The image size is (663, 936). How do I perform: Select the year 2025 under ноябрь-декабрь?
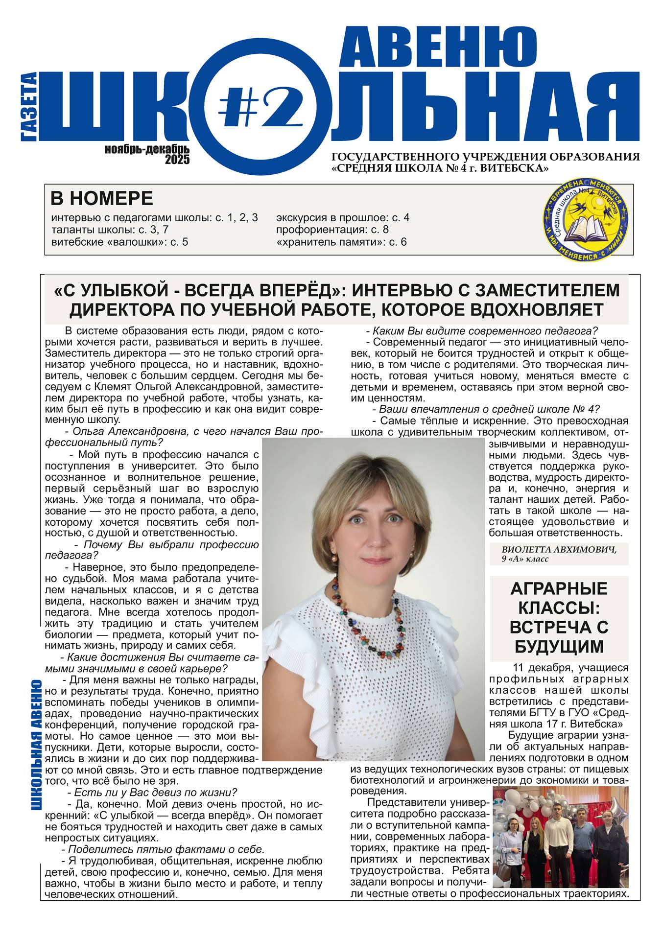[x=177, y=160]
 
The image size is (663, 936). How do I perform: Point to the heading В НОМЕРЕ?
[x=102, y=199]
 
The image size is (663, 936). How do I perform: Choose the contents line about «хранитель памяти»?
[x=341, y=242]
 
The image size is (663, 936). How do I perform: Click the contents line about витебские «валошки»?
[x=119, y=242]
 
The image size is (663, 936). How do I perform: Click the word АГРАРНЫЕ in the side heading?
[x=559, y=588]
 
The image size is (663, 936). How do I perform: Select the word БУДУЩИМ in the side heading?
[x=559, y=646]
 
